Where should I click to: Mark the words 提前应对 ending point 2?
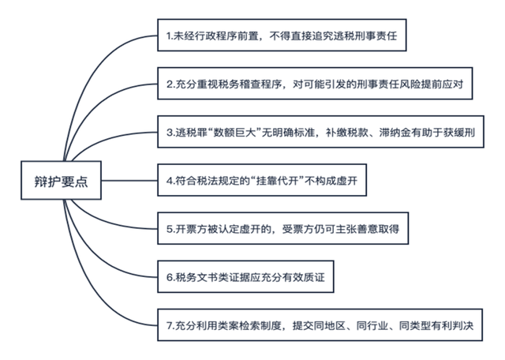click(447, 84)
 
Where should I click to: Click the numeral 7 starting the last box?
click(170, 324)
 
